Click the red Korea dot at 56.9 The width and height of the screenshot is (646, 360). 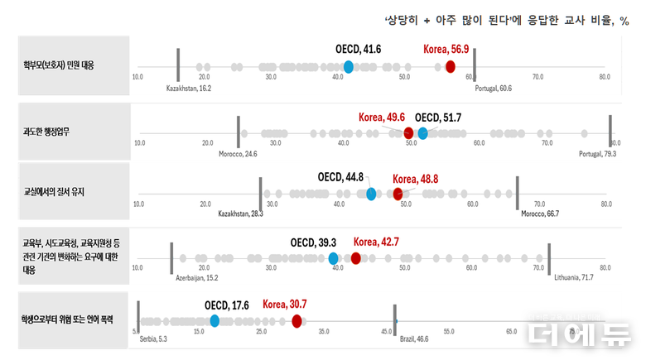(451, 66)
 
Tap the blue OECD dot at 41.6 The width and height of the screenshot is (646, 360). (349, 66)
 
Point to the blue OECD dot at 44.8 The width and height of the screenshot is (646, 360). (371, 194)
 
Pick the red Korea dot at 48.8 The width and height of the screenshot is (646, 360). (398, 194)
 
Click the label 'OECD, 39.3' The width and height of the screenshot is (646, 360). (313, 242)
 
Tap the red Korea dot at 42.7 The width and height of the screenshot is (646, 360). (356, 258)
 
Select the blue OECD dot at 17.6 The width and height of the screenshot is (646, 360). (215, 320)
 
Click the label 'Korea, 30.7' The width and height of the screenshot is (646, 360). (285, 305)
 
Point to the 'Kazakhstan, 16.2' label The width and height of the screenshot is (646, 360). (189, 88)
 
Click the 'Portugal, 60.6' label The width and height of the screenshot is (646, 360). (494, 88)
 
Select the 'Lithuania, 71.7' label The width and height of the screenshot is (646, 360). (574, 278)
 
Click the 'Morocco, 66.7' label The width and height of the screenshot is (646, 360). (540, 214)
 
